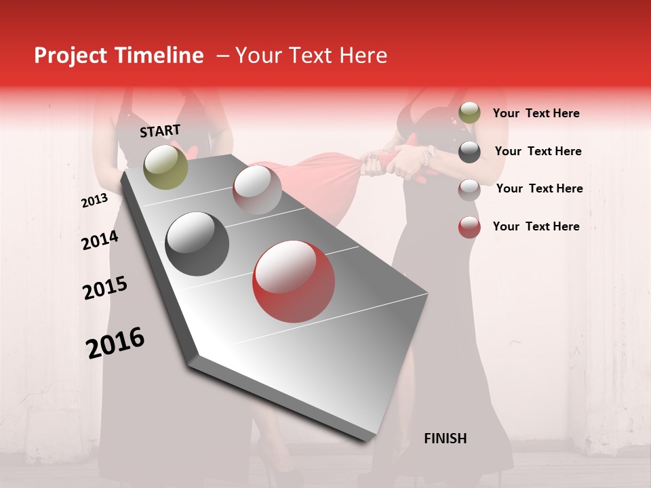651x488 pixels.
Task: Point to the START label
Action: click(x=160, y=131)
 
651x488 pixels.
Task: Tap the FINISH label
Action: click(x=446, y=439)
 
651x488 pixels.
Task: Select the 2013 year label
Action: click(x=94, y=201)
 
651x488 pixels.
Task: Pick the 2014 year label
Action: click(x=100, y=241)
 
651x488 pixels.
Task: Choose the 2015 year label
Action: click(x=105, y=288)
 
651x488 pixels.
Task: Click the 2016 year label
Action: click(x=115, y=343)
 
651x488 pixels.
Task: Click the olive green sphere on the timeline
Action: click(x=166, y=167)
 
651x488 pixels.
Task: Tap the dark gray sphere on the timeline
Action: click(x=197, y=244)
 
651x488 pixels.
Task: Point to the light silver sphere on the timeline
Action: click(x=257, y=189)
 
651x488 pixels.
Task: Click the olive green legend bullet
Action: click(x=469, y=113)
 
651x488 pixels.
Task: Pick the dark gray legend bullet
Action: click(x=469, y=151)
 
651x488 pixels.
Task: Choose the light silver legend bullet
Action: click(x=469, y=189)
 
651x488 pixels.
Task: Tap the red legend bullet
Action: click(x=469, y=227)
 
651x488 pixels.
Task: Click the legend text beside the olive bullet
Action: click(x=536, y=113)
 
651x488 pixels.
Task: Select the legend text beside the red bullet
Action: click(x=536, y=226)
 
